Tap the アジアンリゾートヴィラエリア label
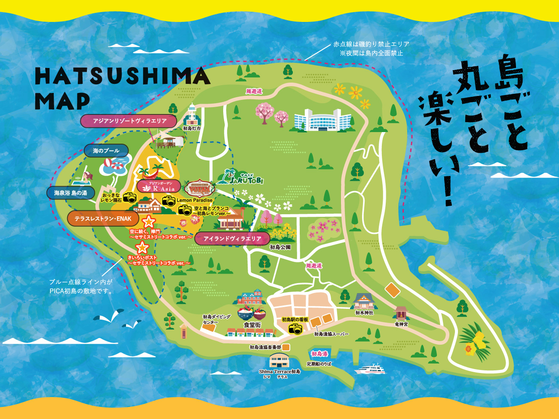point(129,121)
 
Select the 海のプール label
point(106,151)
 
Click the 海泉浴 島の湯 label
point(71,193)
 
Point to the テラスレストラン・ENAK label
point(103,219)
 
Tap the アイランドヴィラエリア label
point(232,238)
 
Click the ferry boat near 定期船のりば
point(370,369)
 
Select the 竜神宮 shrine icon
point(401,313)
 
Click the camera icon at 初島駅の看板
point(295,329)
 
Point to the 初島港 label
point(319,354)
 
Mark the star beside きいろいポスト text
point(142,248)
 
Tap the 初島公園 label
point(280,247)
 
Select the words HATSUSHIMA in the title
point(122,77)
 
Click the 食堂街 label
point(252,325)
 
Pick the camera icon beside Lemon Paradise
point(169,200)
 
